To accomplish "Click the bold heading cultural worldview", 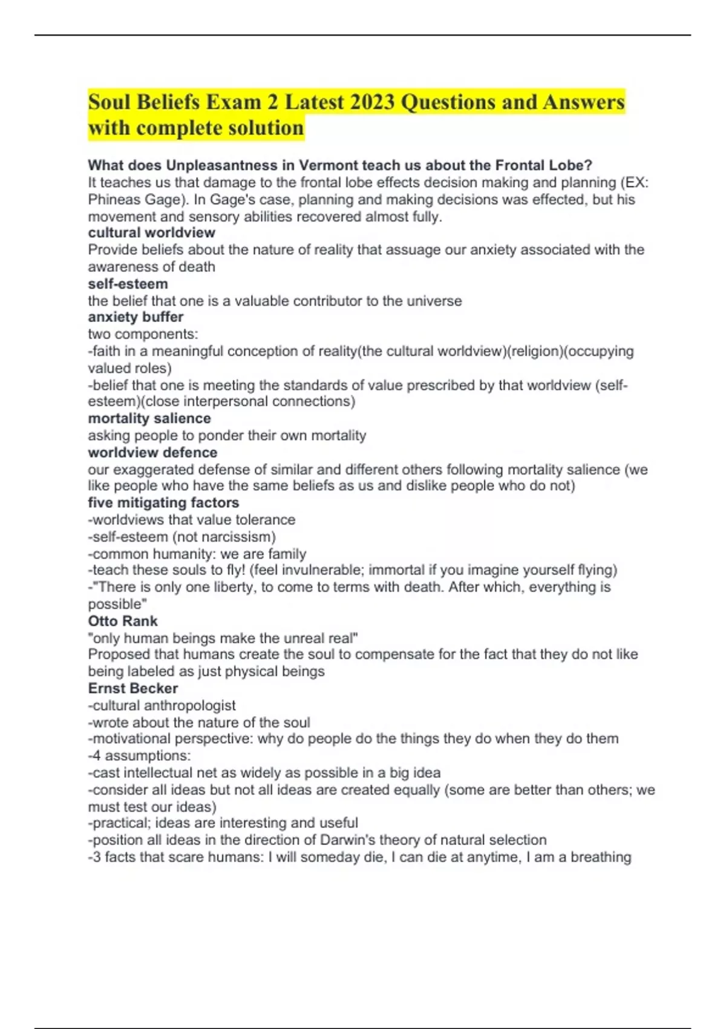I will tap(151, 232).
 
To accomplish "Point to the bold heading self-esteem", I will tap(128, 284).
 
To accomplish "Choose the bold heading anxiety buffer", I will tap(136, 317).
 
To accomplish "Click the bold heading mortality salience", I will tap(149, 418).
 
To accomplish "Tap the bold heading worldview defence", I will tap(152, 452).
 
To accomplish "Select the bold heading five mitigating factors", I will tap(163, 502).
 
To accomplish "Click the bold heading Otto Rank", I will tap(123, 621).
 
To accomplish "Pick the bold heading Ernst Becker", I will tap(133, 688).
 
